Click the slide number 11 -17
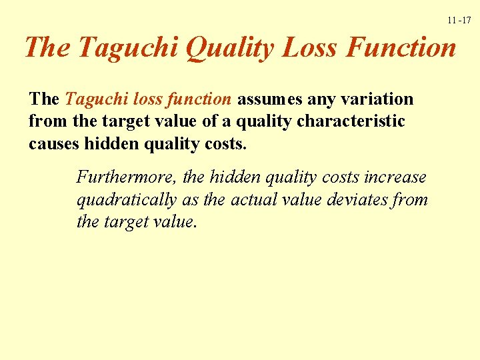[x=459, y=21]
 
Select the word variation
[x=377, y=99]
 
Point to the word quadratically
[x=127, y=199]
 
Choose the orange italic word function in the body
[x=199, y=99]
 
